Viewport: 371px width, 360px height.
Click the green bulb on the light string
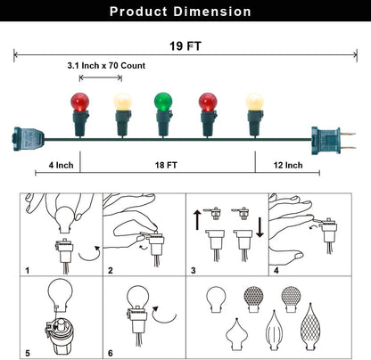point(163,102)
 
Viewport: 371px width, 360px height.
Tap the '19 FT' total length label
point(185,46)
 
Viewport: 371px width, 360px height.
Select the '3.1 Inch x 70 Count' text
point(106,65)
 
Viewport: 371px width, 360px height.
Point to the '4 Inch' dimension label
point(61,165)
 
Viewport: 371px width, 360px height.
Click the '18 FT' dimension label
point(166,165)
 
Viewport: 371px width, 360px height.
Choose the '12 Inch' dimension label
point(288,165)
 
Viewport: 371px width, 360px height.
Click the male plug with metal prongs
point(333,140)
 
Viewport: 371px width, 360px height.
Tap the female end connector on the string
point(29,139)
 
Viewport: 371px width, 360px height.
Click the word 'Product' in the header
point(138,12)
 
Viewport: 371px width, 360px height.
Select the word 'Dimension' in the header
point(212,12)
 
